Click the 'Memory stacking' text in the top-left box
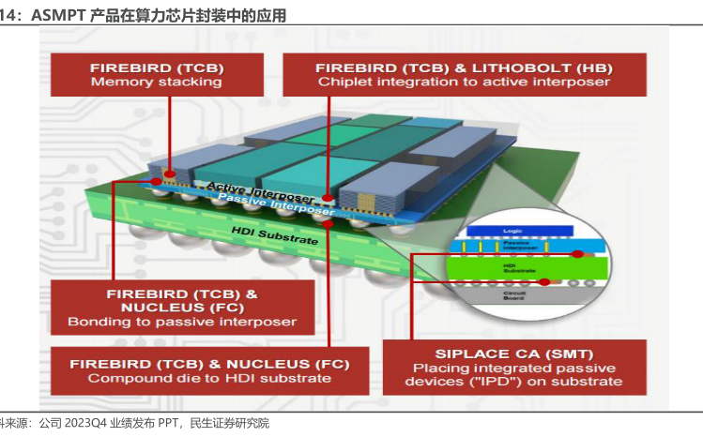[156, 82]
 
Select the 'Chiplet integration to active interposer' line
[464, 83]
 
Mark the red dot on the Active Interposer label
[327, 198]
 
